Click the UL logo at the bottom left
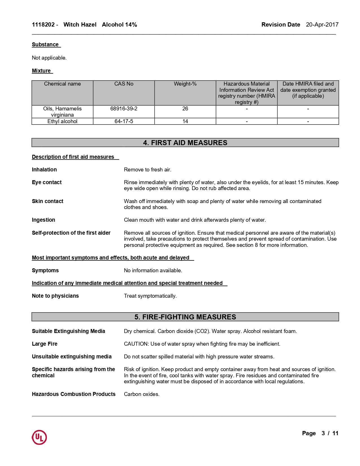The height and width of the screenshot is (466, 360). click(39, 437)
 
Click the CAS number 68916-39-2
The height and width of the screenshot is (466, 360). click(124, 109)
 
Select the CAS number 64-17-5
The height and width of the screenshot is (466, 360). click(124, 121)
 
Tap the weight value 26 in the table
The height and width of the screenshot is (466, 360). click(185, 109)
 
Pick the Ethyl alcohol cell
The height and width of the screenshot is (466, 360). click(62, 121)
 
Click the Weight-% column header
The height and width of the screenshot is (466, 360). click(185, 84)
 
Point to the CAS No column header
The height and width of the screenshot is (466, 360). click(124, 84)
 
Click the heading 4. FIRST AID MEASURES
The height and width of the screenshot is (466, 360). click(185, 143)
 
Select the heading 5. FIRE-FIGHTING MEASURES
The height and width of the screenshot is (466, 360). click(185, 317)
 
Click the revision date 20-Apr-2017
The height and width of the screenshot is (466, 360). click(322, 25)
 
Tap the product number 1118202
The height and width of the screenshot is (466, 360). click(43, 25)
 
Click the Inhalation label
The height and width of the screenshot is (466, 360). click(44, 169)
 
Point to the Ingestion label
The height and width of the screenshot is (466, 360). click(43, 220)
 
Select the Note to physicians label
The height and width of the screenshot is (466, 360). click(55, 296)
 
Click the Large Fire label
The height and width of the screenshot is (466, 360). click(45, 344)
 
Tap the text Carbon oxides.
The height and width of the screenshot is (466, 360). click(142, 394)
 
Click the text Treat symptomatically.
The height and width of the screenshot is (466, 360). click(150, 296)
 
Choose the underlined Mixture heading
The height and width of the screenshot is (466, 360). click(41, 71)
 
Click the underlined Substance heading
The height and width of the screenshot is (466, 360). click(45, 44)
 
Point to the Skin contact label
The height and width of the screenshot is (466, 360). click(47, 201)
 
